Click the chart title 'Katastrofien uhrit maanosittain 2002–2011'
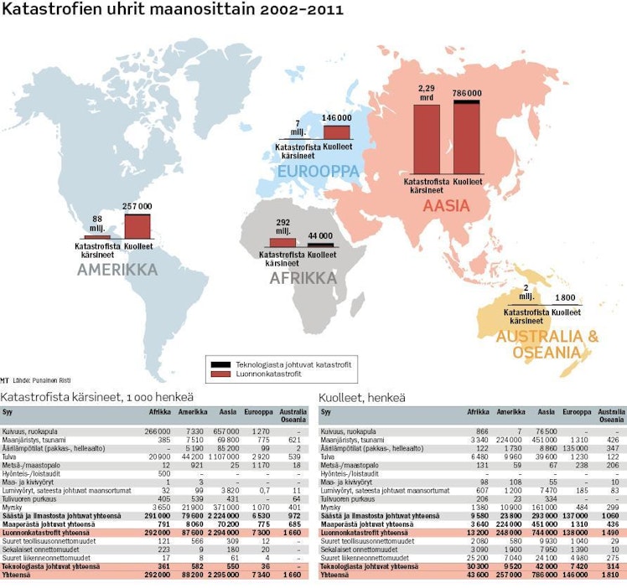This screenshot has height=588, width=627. coord(172,11)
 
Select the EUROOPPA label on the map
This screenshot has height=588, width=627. coord(319,172)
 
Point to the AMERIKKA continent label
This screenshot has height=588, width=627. coord(117,270)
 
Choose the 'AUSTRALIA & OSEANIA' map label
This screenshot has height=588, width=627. coord(547,343)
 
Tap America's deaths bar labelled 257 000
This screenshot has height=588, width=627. coord(137,226)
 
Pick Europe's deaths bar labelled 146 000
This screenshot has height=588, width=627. coord(336,132)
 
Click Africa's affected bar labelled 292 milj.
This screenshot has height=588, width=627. coord(282,242)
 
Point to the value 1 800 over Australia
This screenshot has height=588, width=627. coord(564,297)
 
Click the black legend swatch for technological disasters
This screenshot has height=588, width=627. coord(221,364)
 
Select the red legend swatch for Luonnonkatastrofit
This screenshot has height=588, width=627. coord(221,375)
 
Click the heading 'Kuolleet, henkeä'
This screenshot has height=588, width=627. coord(362,396)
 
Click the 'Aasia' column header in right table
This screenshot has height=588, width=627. coord(546,412)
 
